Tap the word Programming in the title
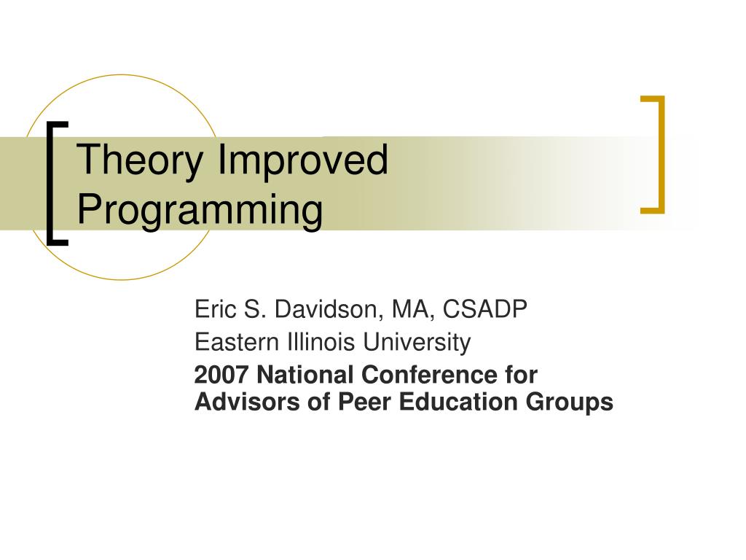pyautogui.click(x=200, y=211)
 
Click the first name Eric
pyautogui.click(x=213, y=310)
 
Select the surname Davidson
pyautogui.click(x=328, y=310)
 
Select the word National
pyautogui.click(x=305, y=375)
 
